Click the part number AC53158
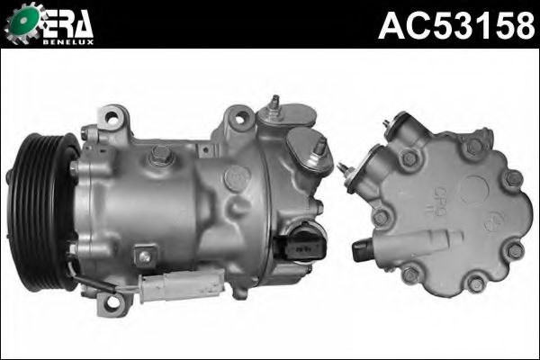pyautogui.click(x=456, y=25)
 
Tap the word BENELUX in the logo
pyautogui.click(x=68, y=42)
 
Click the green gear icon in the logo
pyautogui.click(x=23, y=22)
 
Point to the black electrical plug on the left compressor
pyautogui.click(x=300, y=247)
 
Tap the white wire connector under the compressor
pyautogui.click(x=182, y=283)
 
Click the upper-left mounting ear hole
pyautogui.click(x=112, y=118)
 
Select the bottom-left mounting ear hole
pyautogui.click(x=111, y=302)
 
